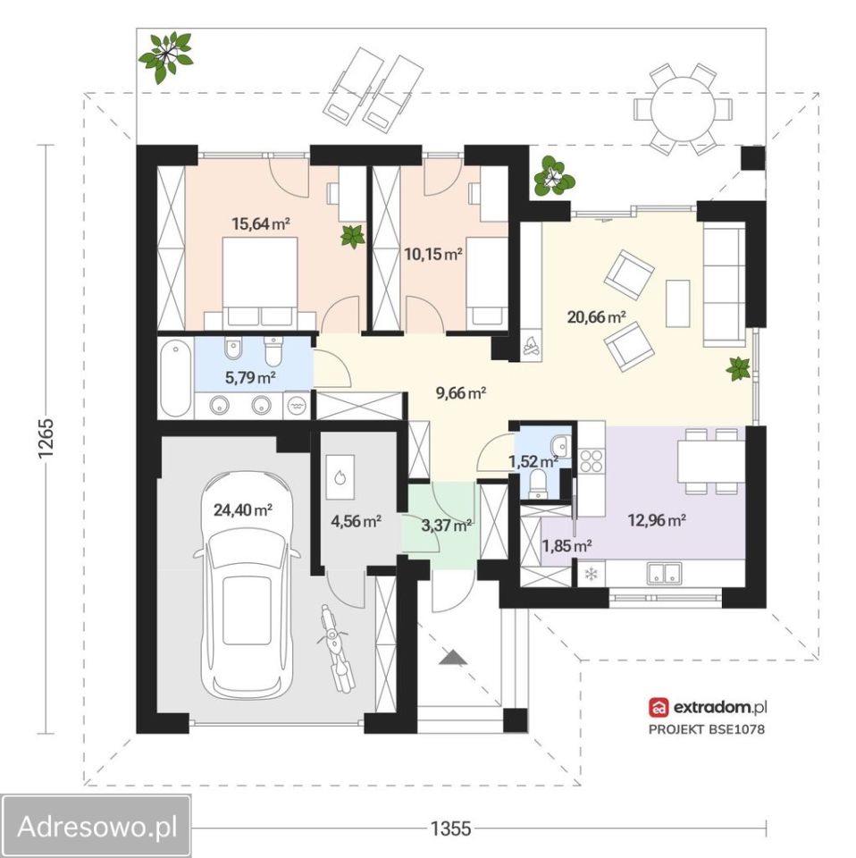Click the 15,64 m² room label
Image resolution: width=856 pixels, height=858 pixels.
[x=260, y=223]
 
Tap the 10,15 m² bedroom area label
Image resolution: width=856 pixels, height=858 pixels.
[x=433, y=254]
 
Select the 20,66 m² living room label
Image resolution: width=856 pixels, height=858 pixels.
[x=596, y=316]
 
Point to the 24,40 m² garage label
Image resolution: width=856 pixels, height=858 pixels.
[x=243, y=510]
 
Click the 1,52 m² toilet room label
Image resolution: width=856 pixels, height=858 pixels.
[x=533, y=462]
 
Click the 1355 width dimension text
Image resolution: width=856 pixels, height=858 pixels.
[x=450, y=829]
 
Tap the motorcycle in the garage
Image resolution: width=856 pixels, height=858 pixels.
[x=335, y=649]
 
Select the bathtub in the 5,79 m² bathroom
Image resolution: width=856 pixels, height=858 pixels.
[x=175, y=378]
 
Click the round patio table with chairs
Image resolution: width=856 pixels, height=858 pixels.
[x=684, y=109]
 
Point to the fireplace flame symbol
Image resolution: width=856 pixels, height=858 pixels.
[x=530, y=346]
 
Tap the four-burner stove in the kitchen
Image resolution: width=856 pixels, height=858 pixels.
[x=592, y=460]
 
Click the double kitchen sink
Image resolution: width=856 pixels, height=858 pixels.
[x=664, y=573]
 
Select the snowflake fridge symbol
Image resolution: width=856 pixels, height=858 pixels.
[x=591, y=574]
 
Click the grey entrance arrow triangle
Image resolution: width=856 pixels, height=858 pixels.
[x=453, y=657]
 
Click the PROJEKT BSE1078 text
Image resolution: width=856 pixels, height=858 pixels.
[x=707, y=729]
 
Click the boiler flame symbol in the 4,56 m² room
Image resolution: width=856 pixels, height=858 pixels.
[x=340, y=477]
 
